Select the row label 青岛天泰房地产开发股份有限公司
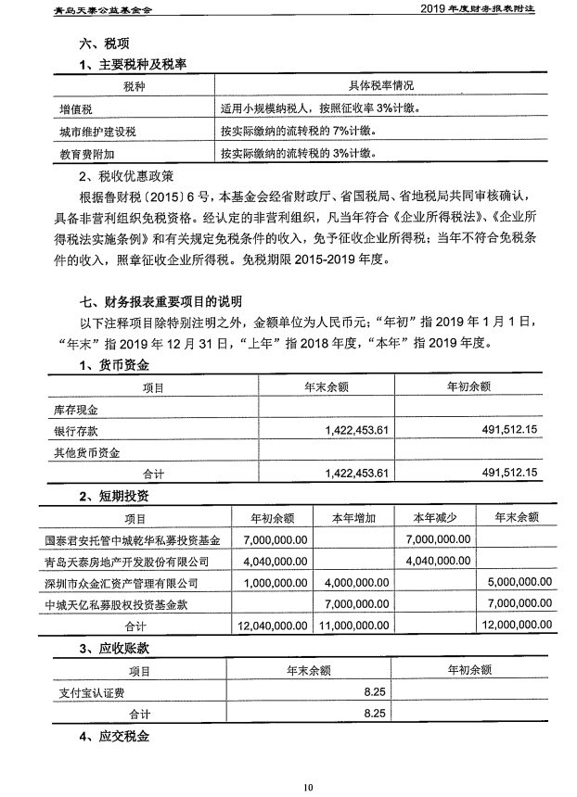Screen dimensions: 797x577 127,562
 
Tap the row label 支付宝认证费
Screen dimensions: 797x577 83,691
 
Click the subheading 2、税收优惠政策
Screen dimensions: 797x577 122,174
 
